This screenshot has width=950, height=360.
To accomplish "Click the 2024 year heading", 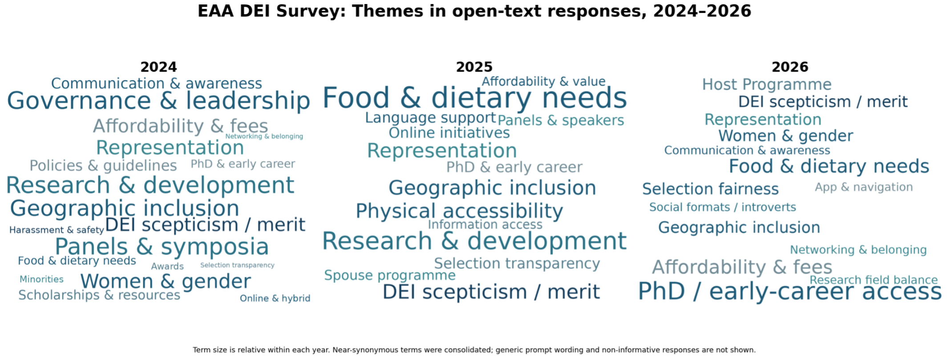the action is coord(158,67).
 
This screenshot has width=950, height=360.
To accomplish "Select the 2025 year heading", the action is coord(474,67).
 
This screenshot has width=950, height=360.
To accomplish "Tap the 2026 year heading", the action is coord(790,67).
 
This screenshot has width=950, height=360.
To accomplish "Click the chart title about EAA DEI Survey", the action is coord(474,11).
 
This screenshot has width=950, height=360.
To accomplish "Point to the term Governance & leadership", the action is coord(158,101).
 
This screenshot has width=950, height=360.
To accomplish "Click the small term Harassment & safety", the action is coord(57,230).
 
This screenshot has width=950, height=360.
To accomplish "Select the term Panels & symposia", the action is coord(162,247).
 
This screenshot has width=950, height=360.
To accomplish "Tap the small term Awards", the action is coord(167,266).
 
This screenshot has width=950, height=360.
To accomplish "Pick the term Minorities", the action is coord(41,279).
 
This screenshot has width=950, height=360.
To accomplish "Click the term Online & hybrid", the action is coord(275,298).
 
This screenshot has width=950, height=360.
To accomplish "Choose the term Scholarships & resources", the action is coord(99,295).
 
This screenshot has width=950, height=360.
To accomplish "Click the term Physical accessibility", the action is coord(459,211).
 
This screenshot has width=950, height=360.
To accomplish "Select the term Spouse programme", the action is coord(390,275).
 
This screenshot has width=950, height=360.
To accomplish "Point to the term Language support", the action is coord(430,118).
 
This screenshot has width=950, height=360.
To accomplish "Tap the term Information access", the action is coord(485,225).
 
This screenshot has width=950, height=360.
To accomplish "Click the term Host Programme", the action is coord(767,85).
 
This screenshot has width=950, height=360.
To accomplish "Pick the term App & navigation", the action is coord(864,187).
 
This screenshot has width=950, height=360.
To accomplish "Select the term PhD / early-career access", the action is coord(790,292).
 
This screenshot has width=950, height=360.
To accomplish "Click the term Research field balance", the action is coord(873,280).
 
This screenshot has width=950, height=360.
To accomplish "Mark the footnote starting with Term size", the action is coord(474,350).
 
